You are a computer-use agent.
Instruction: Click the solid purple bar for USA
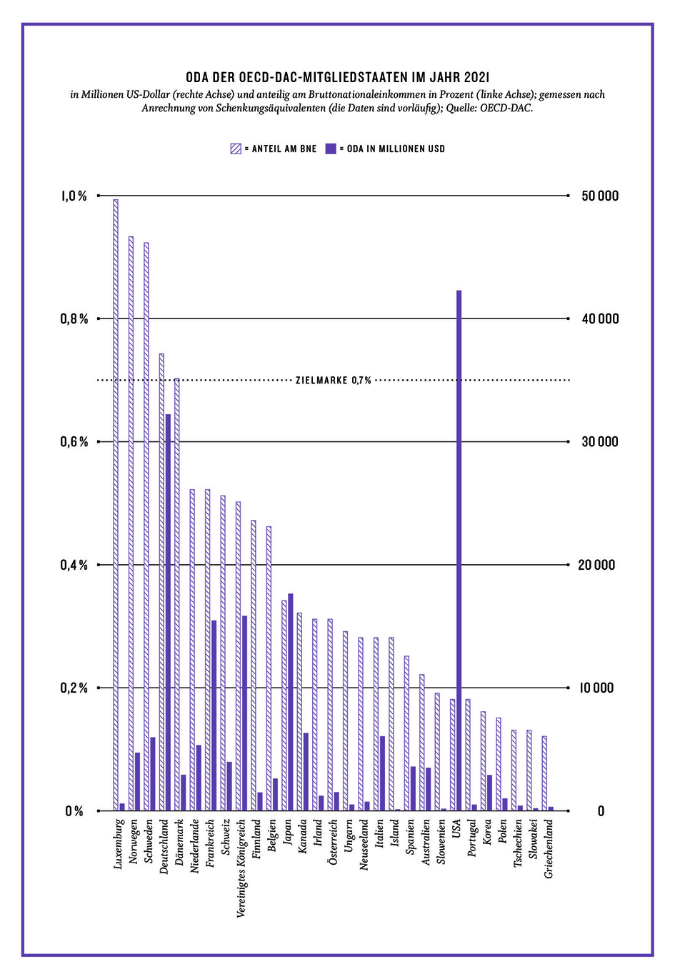click(x=459, y=550)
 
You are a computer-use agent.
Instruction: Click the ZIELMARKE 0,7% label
click(x=334, y=381)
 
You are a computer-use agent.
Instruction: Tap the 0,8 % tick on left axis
click(x=74, y=319)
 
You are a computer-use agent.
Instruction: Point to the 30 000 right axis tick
click(x=599, y=442)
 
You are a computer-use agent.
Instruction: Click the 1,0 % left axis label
click(x=74, y=196)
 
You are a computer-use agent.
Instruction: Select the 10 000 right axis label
click(x=596, y=688)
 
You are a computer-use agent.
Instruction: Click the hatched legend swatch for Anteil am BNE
click(x=236, y=149)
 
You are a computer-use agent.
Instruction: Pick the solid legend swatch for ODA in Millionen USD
click(x=330, y=149)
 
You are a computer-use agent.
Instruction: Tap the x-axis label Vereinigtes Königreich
click(x=241, y=868)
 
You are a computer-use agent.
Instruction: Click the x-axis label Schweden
click(x=149, y=841)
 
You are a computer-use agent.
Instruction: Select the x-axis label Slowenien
click(x=441, y=843)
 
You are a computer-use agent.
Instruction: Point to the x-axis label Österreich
click(x=333, y=843)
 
